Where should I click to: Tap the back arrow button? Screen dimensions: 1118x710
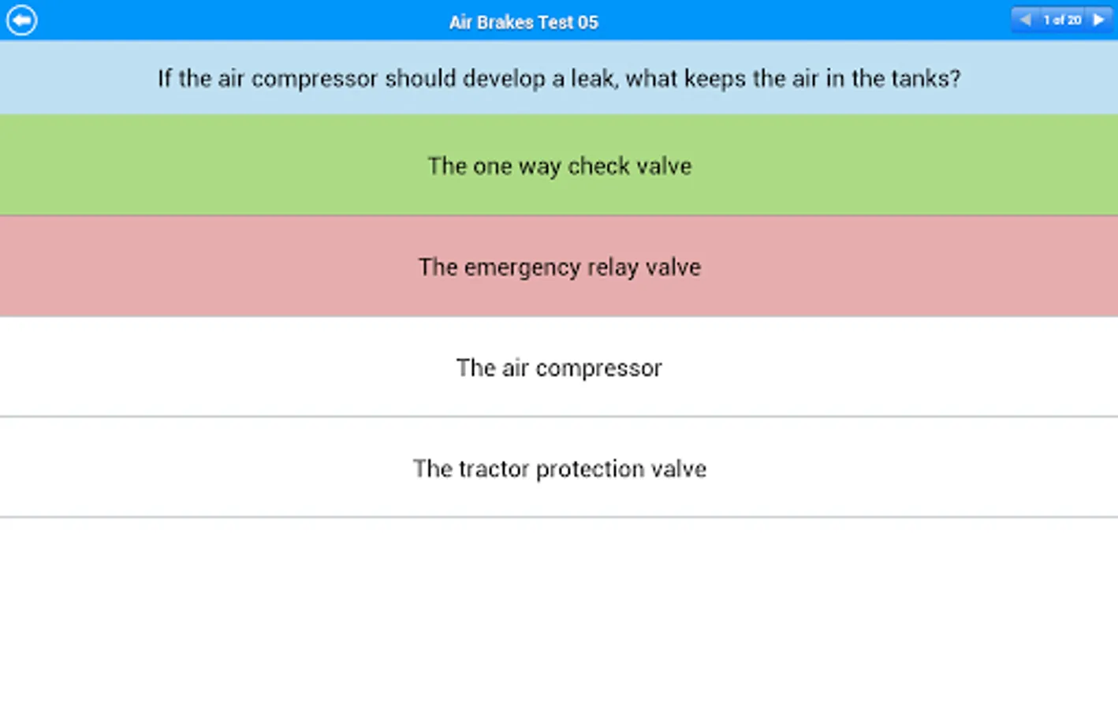(21, 21)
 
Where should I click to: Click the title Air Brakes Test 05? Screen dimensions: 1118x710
(524, 22)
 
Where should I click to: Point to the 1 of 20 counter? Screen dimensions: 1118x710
(1063, 20)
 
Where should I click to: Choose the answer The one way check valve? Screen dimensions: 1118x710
(560, 166)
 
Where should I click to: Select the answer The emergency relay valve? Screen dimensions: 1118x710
(560, 267)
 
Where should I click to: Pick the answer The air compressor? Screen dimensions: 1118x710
(559, 368)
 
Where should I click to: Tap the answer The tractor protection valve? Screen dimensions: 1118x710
(560, 469)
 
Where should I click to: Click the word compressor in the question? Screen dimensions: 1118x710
(314, 79)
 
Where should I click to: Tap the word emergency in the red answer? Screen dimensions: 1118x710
(523, 268)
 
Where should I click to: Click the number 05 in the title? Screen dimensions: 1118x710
(587, 22)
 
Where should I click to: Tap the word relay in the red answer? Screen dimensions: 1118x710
(613, 268)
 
